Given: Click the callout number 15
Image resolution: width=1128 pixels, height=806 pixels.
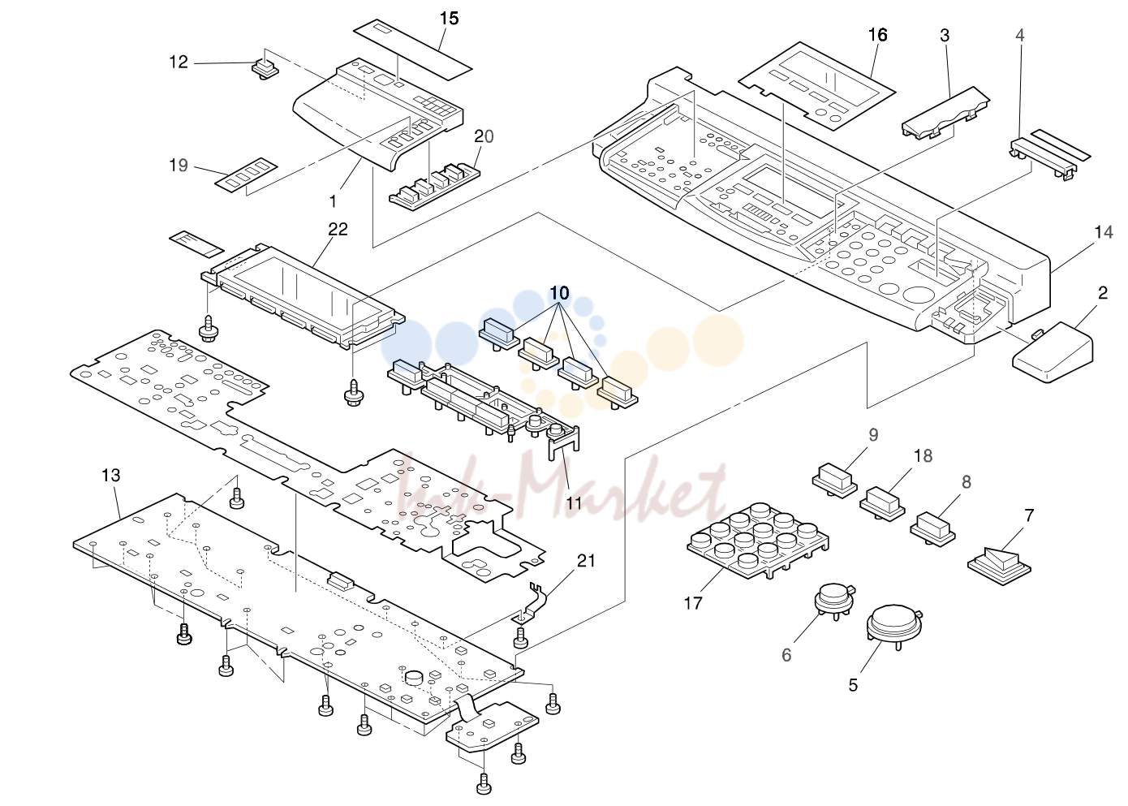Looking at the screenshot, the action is coord(450,19).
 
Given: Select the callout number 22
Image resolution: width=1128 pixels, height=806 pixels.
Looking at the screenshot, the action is coord(338,230).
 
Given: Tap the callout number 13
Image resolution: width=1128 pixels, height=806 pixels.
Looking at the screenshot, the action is coord(111,475).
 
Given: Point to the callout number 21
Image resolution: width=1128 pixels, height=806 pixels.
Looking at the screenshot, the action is coord(586,560).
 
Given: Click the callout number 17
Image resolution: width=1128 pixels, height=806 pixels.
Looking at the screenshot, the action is coord(693,603).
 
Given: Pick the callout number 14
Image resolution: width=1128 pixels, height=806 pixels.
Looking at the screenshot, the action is coord(1104,232).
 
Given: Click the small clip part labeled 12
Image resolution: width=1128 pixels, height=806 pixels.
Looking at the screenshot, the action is coord(265,70).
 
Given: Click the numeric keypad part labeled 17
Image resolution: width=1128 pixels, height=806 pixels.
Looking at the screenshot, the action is coord(758,541).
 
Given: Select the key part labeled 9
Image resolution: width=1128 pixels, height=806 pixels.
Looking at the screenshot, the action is coord(834,481).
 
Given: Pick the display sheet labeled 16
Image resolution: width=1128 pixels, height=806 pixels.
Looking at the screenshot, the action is coord(817,86).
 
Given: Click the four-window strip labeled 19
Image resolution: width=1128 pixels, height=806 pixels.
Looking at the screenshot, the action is coord(247,175).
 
